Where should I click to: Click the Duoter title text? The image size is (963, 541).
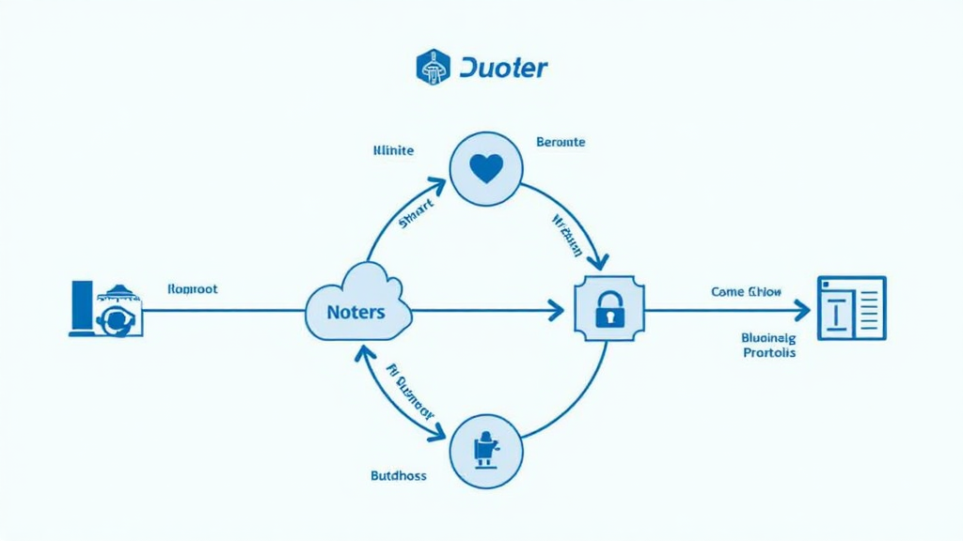[x=504, y=68]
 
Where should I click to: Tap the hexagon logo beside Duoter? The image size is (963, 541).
[x=433, y=68]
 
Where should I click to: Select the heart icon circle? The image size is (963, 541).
[x=486, y=169]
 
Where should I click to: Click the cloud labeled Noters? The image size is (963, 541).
[x=358, y=305]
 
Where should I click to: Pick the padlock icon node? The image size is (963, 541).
[x=608, y=309]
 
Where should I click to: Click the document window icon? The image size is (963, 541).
[x=851, y=308]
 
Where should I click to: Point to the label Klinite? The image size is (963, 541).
[x=393, y=150]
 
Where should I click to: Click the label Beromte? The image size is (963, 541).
[x=560, y=142]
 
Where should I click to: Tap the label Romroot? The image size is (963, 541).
[x=192, y=289]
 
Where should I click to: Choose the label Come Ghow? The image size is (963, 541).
[x=747, y=292]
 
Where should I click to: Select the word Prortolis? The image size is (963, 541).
[x=768, y=353]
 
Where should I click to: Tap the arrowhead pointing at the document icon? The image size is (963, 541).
[x=802, y=309]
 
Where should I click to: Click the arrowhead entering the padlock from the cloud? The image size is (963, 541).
[x=557, y=309]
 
